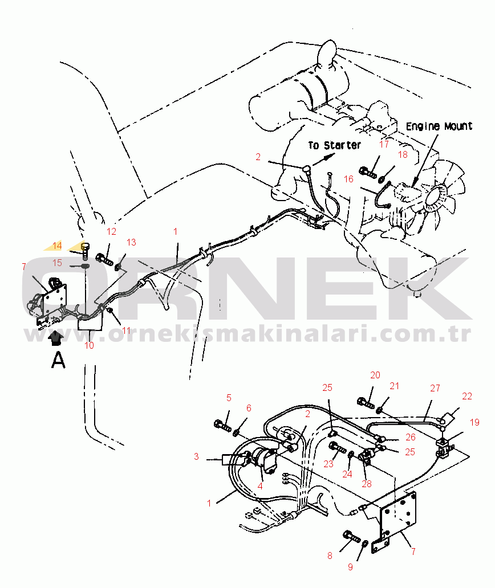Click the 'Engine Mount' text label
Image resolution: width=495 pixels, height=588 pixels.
[439, 126]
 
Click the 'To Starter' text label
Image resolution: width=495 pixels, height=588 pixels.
[334, 145]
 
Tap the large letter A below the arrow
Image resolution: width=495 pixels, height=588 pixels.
[58, 360]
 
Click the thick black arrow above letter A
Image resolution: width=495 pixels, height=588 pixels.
[56, 337]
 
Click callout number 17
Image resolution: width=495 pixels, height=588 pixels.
[384, 144]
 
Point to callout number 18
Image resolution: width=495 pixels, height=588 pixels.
[403, 154]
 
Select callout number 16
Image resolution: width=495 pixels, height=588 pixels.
[348, 179]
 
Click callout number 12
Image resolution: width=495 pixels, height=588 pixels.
[111, 231]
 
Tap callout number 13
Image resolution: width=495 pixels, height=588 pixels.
[131, 242]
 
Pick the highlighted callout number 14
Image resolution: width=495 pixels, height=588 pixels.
[57, 246]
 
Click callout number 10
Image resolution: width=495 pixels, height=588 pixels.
[89, 345]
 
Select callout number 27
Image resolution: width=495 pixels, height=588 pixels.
[435, 388]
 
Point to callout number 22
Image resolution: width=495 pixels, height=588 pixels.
[467, 396]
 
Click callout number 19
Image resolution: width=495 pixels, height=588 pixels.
[474, 422]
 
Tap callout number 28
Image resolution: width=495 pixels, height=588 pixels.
[367, 484]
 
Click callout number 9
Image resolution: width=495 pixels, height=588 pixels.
[351, 567]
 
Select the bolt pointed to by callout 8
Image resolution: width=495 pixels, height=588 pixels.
[352, 537]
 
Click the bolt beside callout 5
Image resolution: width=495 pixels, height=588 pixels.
[222, 426]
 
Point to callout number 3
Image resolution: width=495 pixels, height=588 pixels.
[196, 456]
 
